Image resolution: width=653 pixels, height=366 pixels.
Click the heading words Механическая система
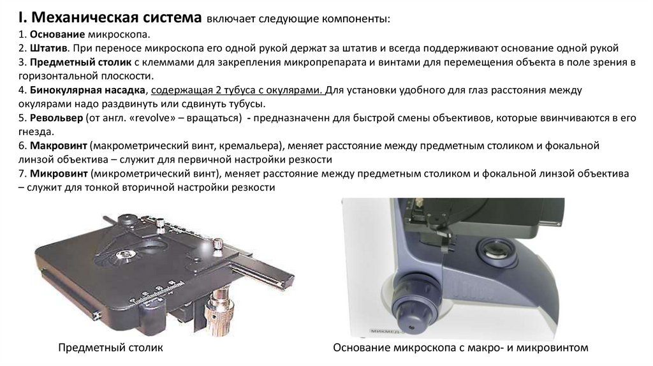tap(116, 18)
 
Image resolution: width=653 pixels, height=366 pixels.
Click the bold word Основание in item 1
tap(57, 34)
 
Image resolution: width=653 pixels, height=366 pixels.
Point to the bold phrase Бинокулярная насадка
tap(87, 90)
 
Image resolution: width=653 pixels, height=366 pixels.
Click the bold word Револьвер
tap(56, 118)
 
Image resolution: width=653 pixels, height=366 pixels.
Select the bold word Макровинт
tap(58, 146)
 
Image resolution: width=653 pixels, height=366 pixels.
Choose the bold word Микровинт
tap(59, 173)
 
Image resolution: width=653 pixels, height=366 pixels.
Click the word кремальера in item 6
tap(248, 146)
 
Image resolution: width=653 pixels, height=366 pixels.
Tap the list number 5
tap(22, 118)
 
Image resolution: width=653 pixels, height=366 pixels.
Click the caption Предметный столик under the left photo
tap(110, 348)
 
